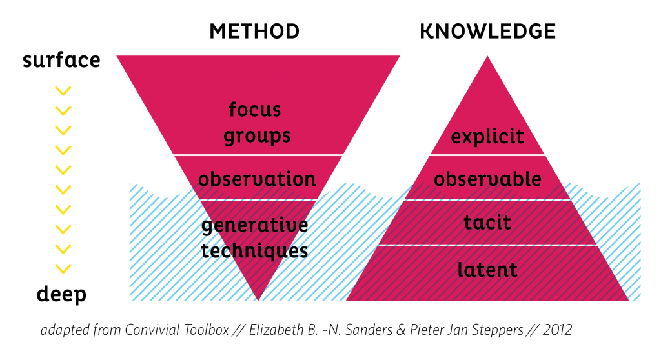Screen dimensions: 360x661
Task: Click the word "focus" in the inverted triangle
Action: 255,110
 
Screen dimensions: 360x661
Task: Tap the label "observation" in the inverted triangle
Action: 257,179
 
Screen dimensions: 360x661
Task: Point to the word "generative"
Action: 255,226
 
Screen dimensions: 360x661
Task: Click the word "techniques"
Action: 254,250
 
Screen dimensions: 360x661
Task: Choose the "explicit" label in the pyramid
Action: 487,137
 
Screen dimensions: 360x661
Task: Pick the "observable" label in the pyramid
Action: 487,179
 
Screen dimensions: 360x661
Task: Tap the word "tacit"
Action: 487,223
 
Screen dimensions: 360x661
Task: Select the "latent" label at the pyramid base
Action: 487,270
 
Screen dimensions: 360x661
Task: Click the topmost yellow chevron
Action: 63,91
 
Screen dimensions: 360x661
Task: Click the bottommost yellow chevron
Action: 63,268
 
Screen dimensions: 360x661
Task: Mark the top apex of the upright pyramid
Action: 487,57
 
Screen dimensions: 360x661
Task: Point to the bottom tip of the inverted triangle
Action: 259,299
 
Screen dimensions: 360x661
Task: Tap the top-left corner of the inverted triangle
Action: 117,57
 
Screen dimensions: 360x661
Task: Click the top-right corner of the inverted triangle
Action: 399,57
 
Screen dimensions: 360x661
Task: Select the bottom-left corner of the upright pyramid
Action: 347,300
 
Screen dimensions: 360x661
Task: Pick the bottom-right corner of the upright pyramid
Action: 628,300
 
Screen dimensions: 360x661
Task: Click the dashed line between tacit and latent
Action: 487,245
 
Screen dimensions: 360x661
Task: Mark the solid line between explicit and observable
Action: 487,155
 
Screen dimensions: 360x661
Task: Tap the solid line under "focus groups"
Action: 258,155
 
